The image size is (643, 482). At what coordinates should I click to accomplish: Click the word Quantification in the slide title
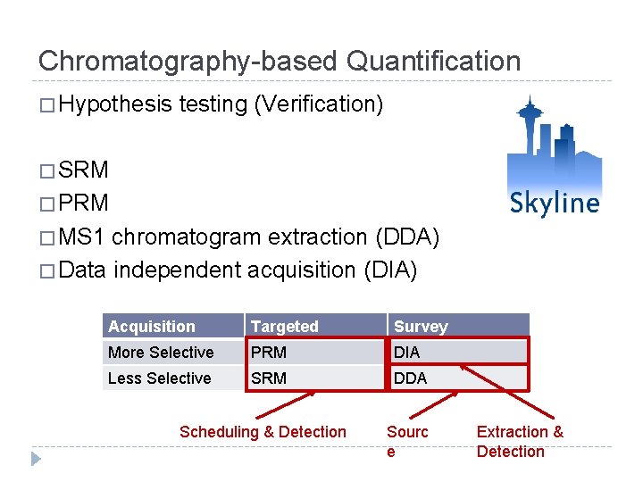[433, 62]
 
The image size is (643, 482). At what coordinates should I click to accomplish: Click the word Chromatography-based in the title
[188, 62]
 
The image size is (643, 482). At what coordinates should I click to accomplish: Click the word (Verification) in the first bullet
[319, 105]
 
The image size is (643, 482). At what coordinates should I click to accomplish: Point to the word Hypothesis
[115, 105]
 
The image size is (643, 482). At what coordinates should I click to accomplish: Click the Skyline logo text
[555, 204]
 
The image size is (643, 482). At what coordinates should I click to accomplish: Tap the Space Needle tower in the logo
[529, 134]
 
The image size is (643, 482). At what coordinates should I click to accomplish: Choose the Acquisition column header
[151, 327]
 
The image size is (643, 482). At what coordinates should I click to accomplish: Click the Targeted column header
[284, 327]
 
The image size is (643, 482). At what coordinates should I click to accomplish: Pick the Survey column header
[420, 327]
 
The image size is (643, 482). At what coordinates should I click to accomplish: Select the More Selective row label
[161, 353]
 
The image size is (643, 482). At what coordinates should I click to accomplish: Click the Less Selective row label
[159, 378]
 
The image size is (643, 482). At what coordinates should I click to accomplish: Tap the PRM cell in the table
[268, 353]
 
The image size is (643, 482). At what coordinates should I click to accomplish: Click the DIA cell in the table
[406, 353]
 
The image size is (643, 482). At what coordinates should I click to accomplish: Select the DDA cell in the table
[410, 378]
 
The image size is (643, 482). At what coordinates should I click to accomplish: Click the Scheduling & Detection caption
[263, 432]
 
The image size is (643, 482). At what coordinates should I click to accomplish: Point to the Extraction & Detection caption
[519, 441]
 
